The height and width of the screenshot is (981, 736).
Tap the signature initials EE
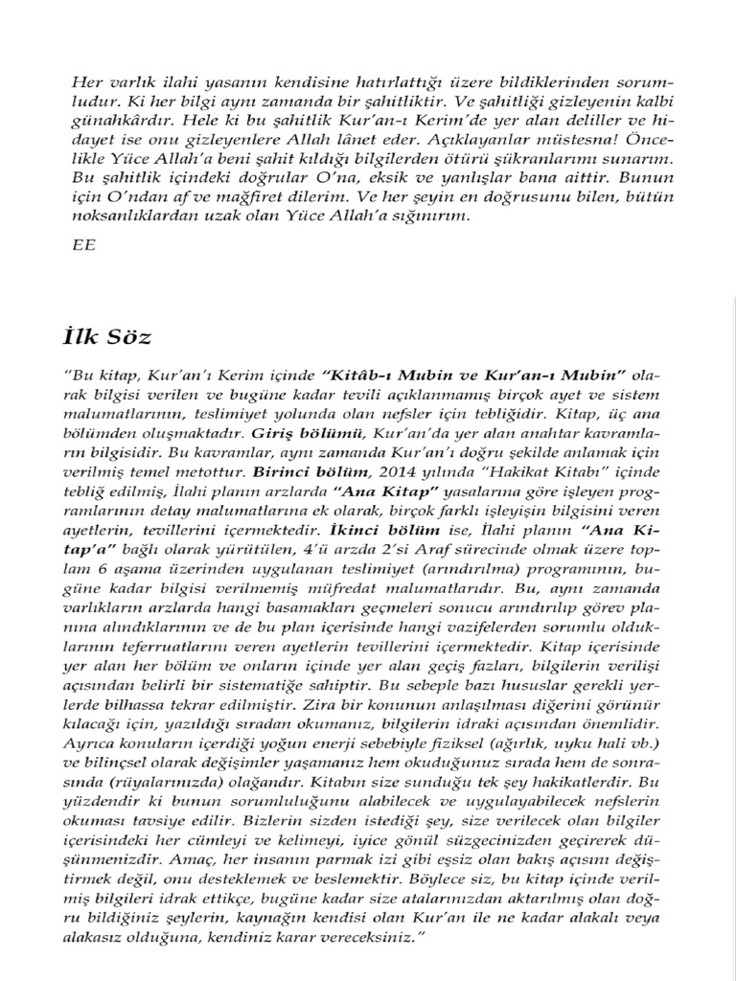83,244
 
